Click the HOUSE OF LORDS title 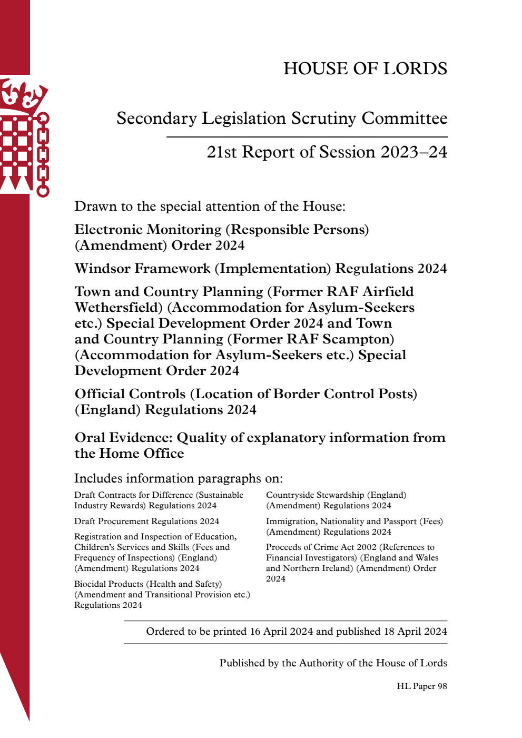365,68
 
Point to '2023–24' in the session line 414,152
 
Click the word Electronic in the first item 109,230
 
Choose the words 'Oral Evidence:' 124,438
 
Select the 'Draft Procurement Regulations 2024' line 146,521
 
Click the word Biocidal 93,584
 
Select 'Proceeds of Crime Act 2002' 321,547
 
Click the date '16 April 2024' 281,632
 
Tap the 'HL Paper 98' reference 421,686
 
